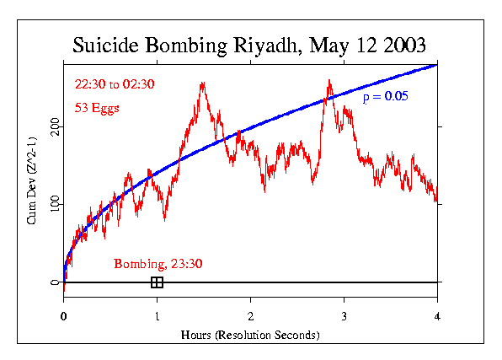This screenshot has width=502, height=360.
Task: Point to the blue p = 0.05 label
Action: pos(385,98)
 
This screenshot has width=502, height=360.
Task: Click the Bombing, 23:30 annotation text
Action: pos(158,264)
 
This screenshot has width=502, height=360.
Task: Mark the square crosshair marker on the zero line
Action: pos(157,282)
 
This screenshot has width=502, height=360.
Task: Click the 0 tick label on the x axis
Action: pos(64,317)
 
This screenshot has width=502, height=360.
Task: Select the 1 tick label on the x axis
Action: pos(158,317)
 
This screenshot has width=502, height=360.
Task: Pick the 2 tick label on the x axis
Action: pos(251,317)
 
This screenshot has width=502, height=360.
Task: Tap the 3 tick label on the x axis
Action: pos(344,317)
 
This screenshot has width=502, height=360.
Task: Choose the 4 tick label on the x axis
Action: pos(438,317)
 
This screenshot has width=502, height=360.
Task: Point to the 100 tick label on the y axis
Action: pos(55,204)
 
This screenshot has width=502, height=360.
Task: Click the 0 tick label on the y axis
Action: pos(55,282)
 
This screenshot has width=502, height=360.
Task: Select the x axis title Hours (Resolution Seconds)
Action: pos(250,335)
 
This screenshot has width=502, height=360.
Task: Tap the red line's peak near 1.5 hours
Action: pos(202,83)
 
